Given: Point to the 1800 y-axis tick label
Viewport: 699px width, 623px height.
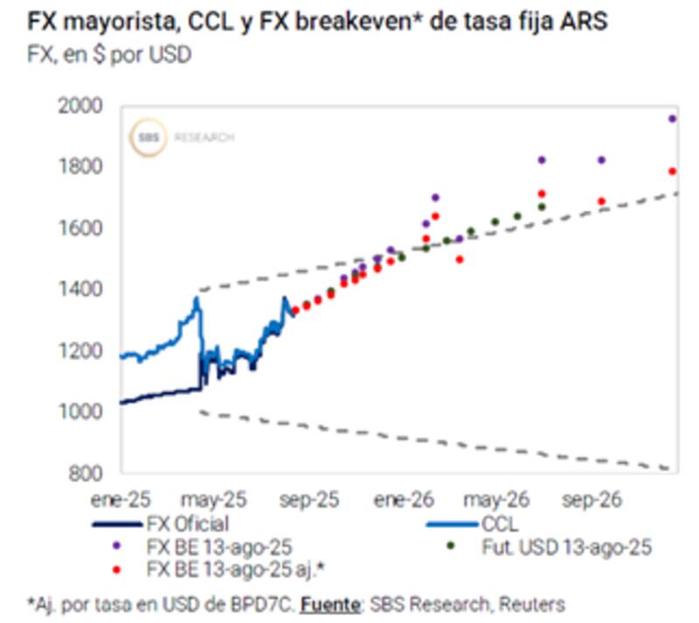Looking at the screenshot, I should point(82,167).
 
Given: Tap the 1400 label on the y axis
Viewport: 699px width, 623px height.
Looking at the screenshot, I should point(82,289).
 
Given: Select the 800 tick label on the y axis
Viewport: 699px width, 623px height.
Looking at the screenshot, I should point(86,473).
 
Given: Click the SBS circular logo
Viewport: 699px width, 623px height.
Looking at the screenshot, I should point(146,138).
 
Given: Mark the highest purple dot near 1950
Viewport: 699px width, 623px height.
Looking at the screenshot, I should point(673,119).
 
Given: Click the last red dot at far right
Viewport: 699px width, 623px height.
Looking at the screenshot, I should point(673,171).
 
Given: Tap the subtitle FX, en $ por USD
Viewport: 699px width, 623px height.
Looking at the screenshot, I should point(110,54).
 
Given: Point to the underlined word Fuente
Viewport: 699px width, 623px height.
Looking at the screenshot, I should point(336,604).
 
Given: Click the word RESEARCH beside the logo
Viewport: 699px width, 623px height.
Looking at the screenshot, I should point(205,138).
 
